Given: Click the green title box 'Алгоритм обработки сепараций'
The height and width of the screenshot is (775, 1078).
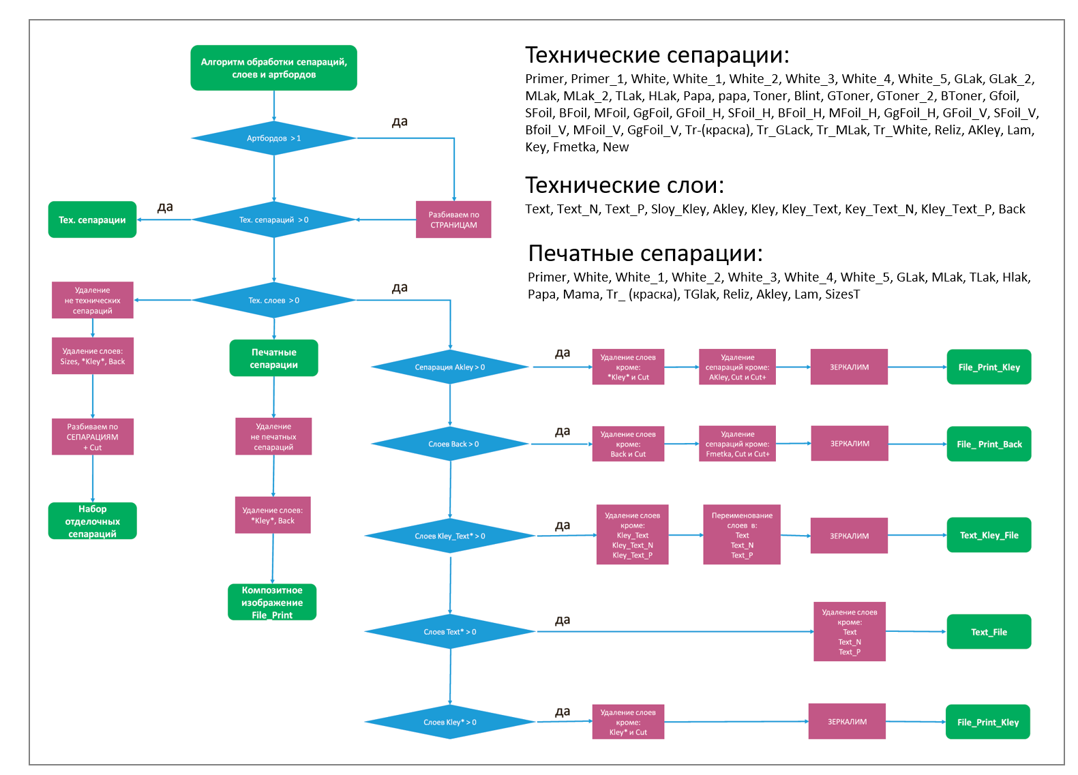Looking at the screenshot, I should (x=273, y=68).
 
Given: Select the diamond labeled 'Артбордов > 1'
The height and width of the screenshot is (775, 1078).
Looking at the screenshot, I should (x=273, y=138).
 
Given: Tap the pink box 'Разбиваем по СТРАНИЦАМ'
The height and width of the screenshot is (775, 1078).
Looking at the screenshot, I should (x=453, y=219).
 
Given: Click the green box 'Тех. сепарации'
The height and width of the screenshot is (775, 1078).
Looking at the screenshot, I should (x=92, y=219).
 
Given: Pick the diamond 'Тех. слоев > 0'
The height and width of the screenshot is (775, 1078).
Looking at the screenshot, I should (x=273, y=300).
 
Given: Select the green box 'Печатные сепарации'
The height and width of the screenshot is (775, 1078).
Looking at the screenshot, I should (x=273, y=359).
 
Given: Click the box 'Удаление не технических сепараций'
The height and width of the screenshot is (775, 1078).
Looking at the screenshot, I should (x=92, y=300).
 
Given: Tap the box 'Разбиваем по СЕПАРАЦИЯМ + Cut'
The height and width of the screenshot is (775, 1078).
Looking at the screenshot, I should (x=92, y=437).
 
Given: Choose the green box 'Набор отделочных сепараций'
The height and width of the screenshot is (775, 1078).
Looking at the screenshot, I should (x=92, y=521).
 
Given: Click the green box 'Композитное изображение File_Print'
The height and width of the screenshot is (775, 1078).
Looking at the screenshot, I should (x=272, y=602).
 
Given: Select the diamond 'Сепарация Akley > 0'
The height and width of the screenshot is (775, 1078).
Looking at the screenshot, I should (x=449, y=367).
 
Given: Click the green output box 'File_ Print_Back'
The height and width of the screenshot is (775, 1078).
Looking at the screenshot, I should (x=989, y=444).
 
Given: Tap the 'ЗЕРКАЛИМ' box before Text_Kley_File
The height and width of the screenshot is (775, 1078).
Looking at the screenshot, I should (x=849, y=536).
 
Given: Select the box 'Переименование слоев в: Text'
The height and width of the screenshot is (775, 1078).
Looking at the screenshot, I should (x=741, y=535).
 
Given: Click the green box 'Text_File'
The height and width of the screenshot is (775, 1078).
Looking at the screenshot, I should (x=989, y=632).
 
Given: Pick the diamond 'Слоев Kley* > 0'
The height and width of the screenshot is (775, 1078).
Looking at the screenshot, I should (x=449, y=722).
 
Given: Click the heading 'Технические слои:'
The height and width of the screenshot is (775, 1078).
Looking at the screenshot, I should (x=624, y=185).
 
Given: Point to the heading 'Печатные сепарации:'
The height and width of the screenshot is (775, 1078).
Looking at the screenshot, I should (x=645, y=254).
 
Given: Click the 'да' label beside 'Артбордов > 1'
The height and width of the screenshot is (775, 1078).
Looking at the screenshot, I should (x=400, y=122).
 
